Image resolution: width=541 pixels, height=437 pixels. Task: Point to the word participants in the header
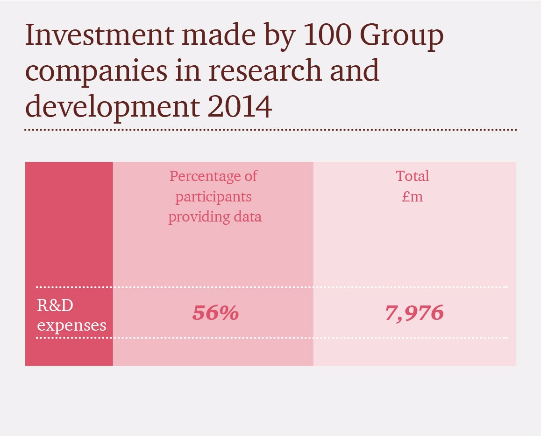(x=214, y=197)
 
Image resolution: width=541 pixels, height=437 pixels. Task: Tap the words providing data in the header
(x=215, y=217)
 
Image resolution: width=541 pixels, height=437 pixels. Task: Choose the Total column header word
(x=412, y=176)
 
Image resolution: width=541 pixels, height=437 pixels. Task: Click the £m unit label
(x=413, y=196)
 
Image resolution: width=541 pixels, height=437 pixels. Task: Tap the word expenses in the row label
(x=71, y=325)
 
